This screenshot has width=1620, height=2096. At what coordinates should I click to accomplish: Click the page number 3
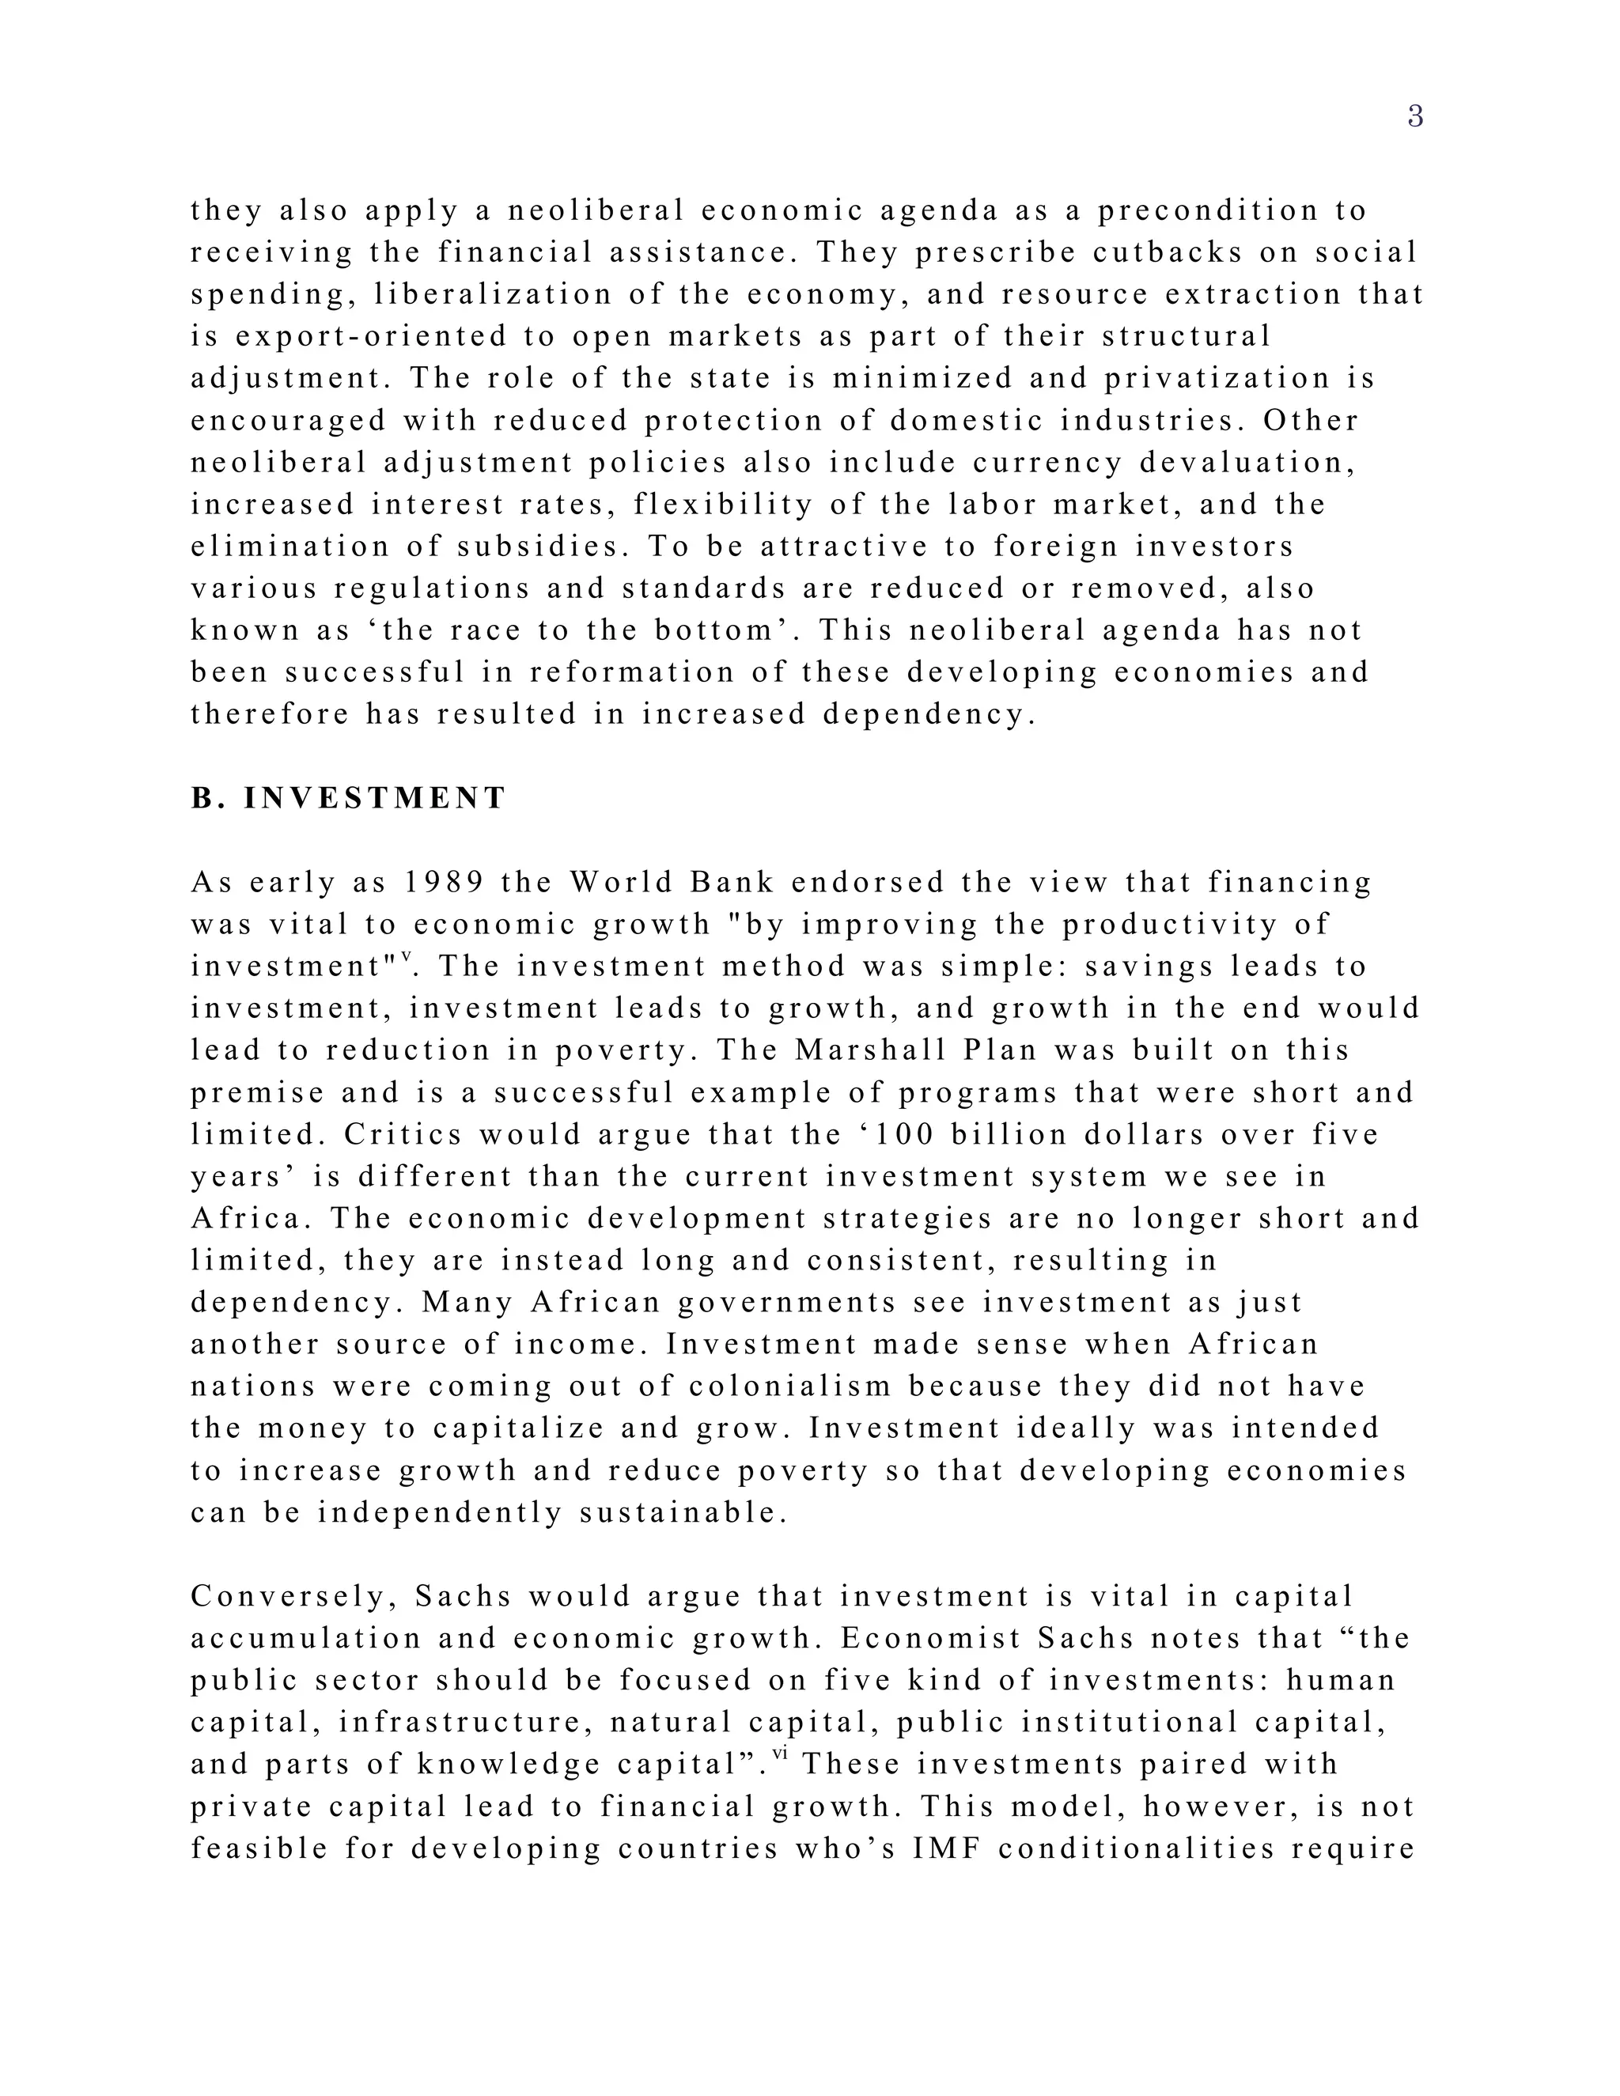tap(1414, 117)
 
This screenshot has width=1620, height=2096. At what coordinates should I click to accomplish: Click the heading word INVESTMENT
tap(374, 799)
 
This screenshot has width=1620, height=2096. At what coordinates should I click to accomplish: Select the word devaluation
tap(1247, 463)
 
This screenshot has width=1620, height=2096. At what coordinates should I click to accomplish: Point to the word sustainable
tap(683, 1513)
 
